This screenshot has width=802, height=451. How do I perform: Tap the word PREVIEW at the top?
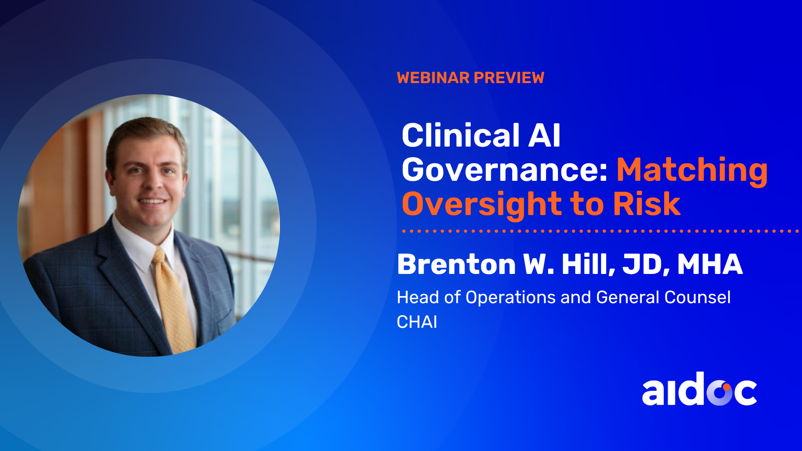(509, 78)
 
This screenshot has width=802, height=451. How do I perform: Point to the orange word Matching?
(692, 170)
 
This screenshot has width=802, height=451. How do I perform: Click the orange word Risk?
(647, 204)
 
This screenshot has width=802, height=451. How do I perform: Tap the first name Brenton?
(457, 264)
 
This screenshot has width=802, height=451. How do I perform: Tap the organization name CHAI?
(417, 322)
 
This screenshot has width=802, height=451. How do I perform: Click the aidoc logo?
(699, 389)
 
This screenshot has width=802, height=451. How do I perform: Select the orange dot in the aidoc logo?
(727, 387)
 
